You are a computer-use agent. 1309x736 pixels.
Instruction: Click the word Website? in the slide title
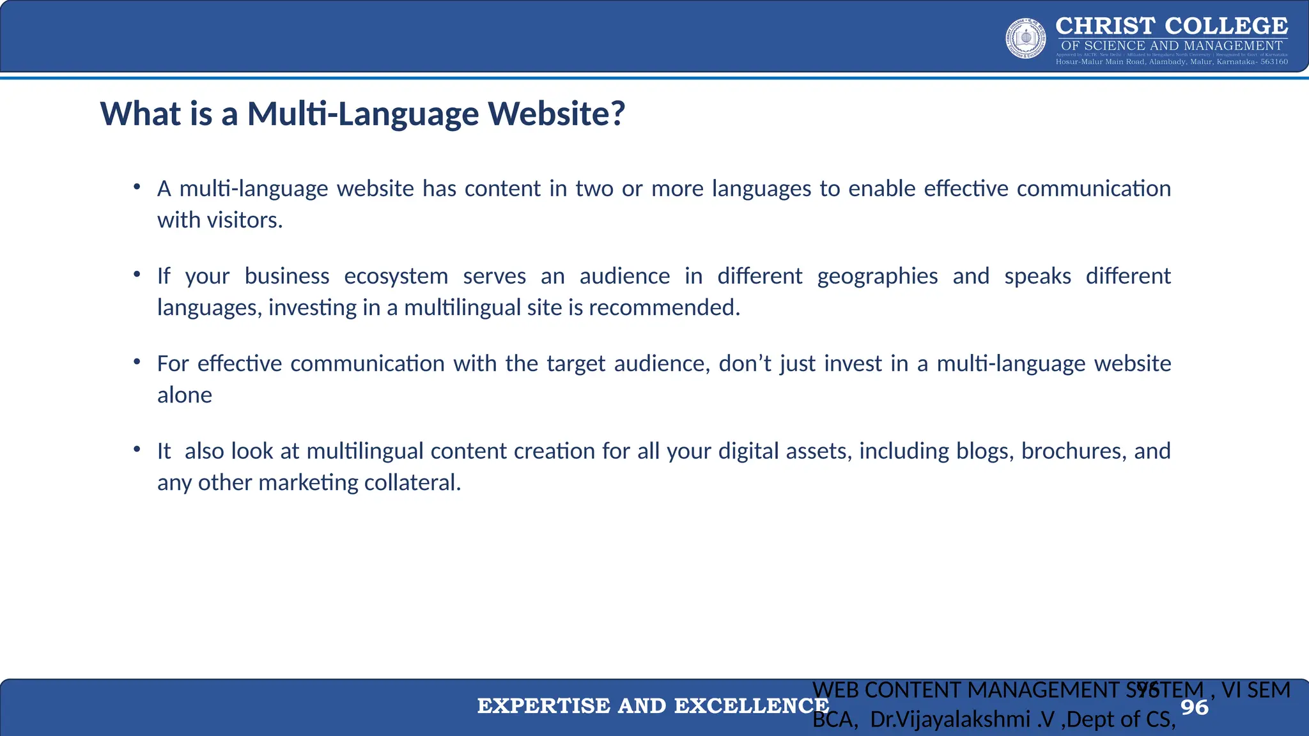[556, 114]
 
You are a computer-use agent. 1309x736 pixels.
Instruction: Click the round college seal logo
[1026, 38]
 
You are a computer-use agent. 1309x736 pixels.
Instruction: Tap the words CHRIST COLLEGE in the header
[1171, 26]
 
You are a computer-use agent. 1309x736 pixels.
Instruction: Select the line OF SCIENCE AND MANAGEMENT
[1171, 45]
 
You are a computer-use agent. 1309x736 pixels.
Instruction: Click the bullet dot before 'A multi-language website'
[137, 187]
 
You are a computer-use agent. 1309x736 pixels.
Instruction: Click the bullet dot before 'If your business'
[137, 275]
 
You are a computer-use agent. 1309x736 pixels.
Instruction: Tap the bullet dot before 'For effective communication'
[137, 362]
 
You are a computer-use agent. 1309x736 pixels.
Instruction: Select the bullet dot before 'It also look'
[137, 450]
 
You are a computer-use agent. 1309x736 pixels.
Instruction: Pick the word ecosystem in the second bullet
[396, 276]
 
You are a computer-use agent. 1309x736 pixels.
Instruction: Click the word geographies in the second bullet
[877, 276]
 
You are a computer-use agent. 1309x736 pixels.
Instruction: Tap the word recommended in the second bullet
[663, 308]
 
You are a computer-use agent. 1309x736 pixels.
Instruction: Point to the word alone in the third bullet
[185, 395]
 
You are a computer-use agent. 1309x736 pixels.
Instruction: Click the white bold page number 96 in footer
[1194, 707]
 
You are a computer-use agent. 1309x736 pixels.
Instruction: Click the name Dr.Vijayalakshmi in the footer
[950, 720]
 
